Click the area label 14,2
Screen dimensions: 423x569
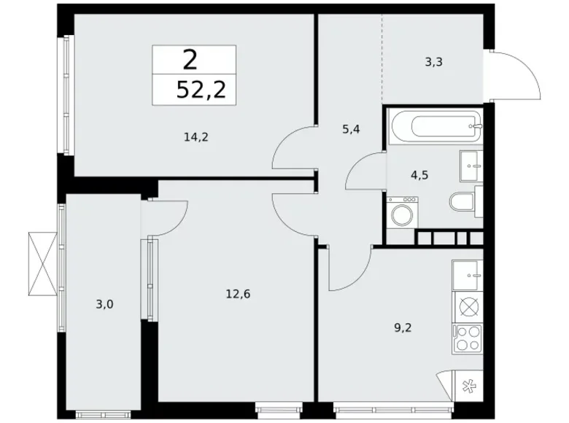[x=197, y=136]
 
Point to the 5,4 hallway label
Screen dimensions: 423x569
[x=352, y=129]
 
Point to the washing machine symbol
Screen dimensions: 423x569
[x=400, y=214]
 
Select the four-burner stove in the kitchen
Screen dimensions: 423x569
[x=468, y=337]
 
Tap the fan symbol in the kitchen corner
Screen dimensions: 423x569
[x=466, y=387]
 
